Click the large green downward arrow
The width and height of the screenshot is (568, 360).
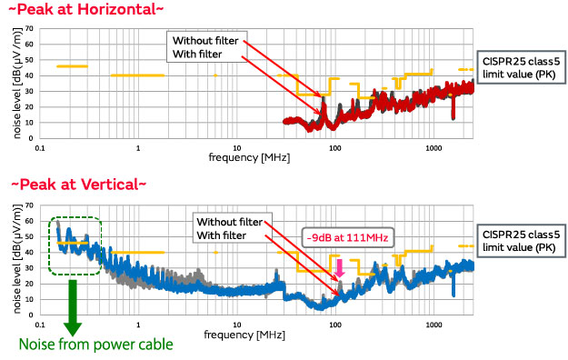pos(73,309)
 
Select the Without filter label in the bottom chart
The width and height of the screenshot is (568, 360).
pos(230,222)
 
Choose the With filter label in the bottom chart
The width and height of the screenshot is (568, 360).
pos(223,235)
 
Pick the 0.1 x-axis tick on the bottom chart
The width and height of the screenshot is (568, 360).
pos(40,324)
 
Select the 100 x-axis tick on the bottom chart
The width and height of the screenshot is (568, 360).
pos(334,324)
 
